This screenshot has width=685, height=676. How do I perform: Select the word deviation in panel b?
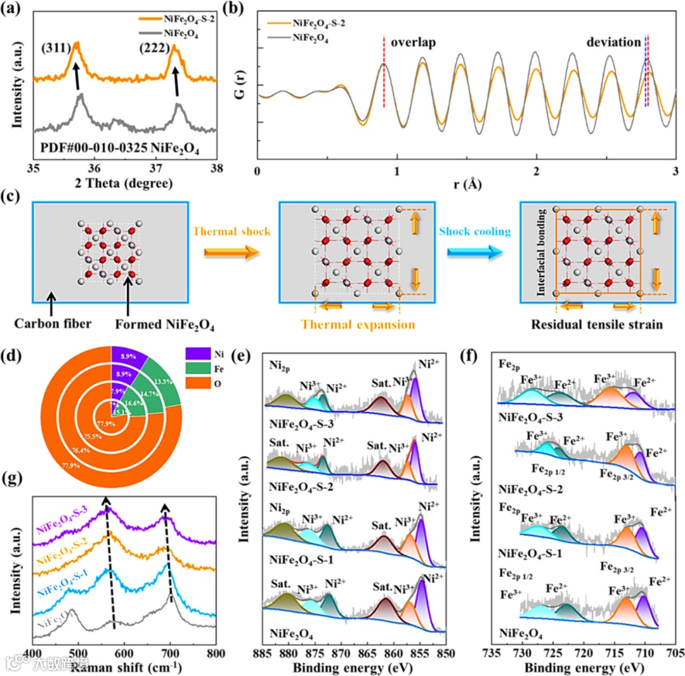coord(613,43)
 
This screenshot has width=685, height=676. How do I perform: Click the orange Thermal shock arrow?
coord(232,252)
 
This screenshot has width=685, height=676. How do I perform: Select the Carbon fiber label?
coord(61,324)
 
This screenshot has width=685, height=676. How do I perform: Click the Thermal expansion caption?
coord(358,324)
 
